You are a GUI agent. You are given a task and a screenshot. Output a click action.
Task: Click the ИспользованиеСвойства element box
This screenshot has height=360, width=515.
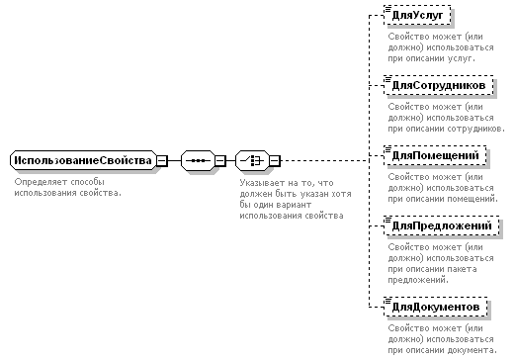83,160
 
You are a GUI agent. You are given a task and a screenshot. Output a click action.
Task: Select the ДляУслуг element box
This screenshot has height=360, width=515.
417,15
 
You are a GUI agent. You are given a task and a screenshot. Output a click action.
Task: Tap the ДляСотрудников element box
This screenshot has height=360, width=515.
439,85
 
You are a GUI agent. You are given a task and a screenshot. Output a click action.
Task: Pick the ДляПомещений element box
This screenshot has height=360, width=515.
435,155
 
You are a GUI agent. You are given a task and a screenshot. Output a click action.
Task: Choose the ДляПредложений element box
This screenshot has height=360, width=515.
442,225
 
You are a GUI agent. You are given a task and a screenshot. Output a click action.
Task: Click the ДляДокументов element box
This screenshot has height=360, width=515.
436,307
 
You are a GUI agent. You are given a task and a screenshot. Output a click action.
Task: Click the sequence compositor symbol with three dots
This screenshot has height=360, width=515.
198,160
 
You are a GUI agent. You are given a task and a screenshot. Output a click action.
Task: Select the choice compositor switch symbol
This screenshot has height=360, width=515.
252,160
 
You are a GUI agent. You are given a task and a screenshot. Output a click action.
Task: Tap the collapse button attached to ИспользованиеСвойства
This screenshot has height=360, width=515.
162,161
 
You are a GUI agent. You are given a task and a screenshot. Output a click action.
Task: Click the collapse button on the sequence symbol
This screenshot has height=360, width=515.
220,161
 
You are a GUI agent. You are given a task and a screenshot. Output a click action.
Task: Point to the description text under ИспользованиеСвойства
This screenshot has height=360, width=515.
68,188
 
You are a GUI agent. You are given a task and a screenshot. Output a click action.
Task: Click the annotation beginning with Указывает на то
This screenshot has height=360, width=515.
296,199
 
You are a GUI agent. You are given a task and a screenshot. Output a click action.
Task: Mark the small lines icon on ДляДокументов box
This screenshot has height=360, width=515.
387,301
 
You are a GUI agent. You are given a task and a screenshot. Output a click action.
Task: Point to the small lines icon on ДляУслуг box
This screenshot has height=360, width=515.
387,9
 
